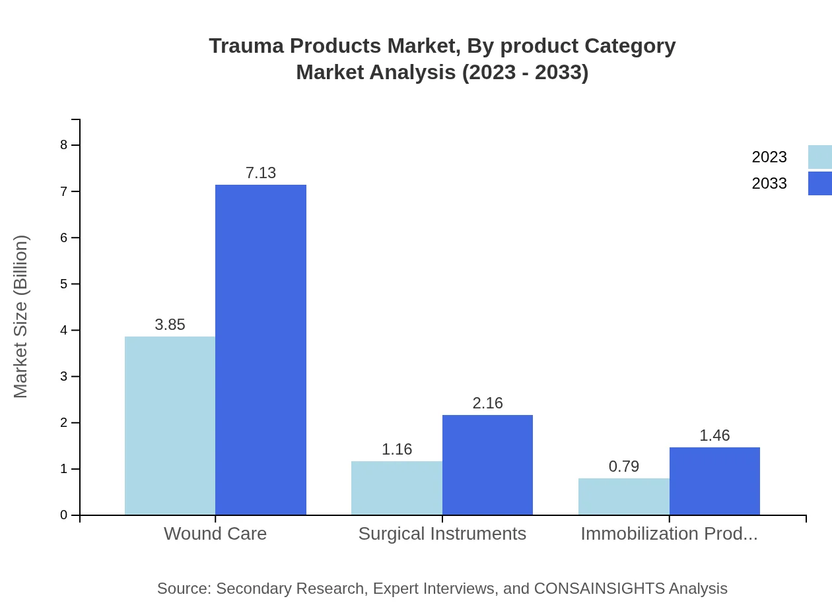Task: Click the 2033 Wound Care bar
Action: tap(261, 350)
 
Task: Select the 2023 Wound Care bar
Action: tap(170, 426)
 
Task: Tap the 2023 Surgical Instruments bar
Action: tap(397, 488)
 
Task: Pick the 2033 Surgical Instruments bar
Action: tap(487, 464)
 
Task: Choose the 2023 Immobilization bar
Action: tap(624, 496)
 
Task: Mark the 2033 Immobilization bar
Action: tap(714, 481)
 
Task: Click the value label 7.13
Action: tap(261, 173)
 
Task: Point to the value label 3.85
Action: tap(170, 325)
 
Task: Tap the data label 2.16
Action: tap(487, 403)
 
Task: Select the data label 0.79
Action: tap(624, 466)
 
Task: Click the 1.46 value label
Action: tap(714, 435)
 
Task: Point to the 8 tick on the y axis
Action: tap(64, 145)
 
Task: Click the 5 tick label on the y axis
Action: tap(64, 284)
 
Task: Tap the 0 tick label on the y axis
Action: tap(64, 515)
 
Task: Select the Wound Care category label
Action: tap(215, 533)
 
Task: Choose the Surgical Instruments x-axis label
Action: tap(442, 533)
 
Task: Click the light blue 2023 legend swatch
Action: tap(819, 157)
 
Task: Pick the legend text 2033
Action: tap(769, 183)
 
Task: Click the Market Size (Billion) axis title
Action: tap(20, 317)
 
